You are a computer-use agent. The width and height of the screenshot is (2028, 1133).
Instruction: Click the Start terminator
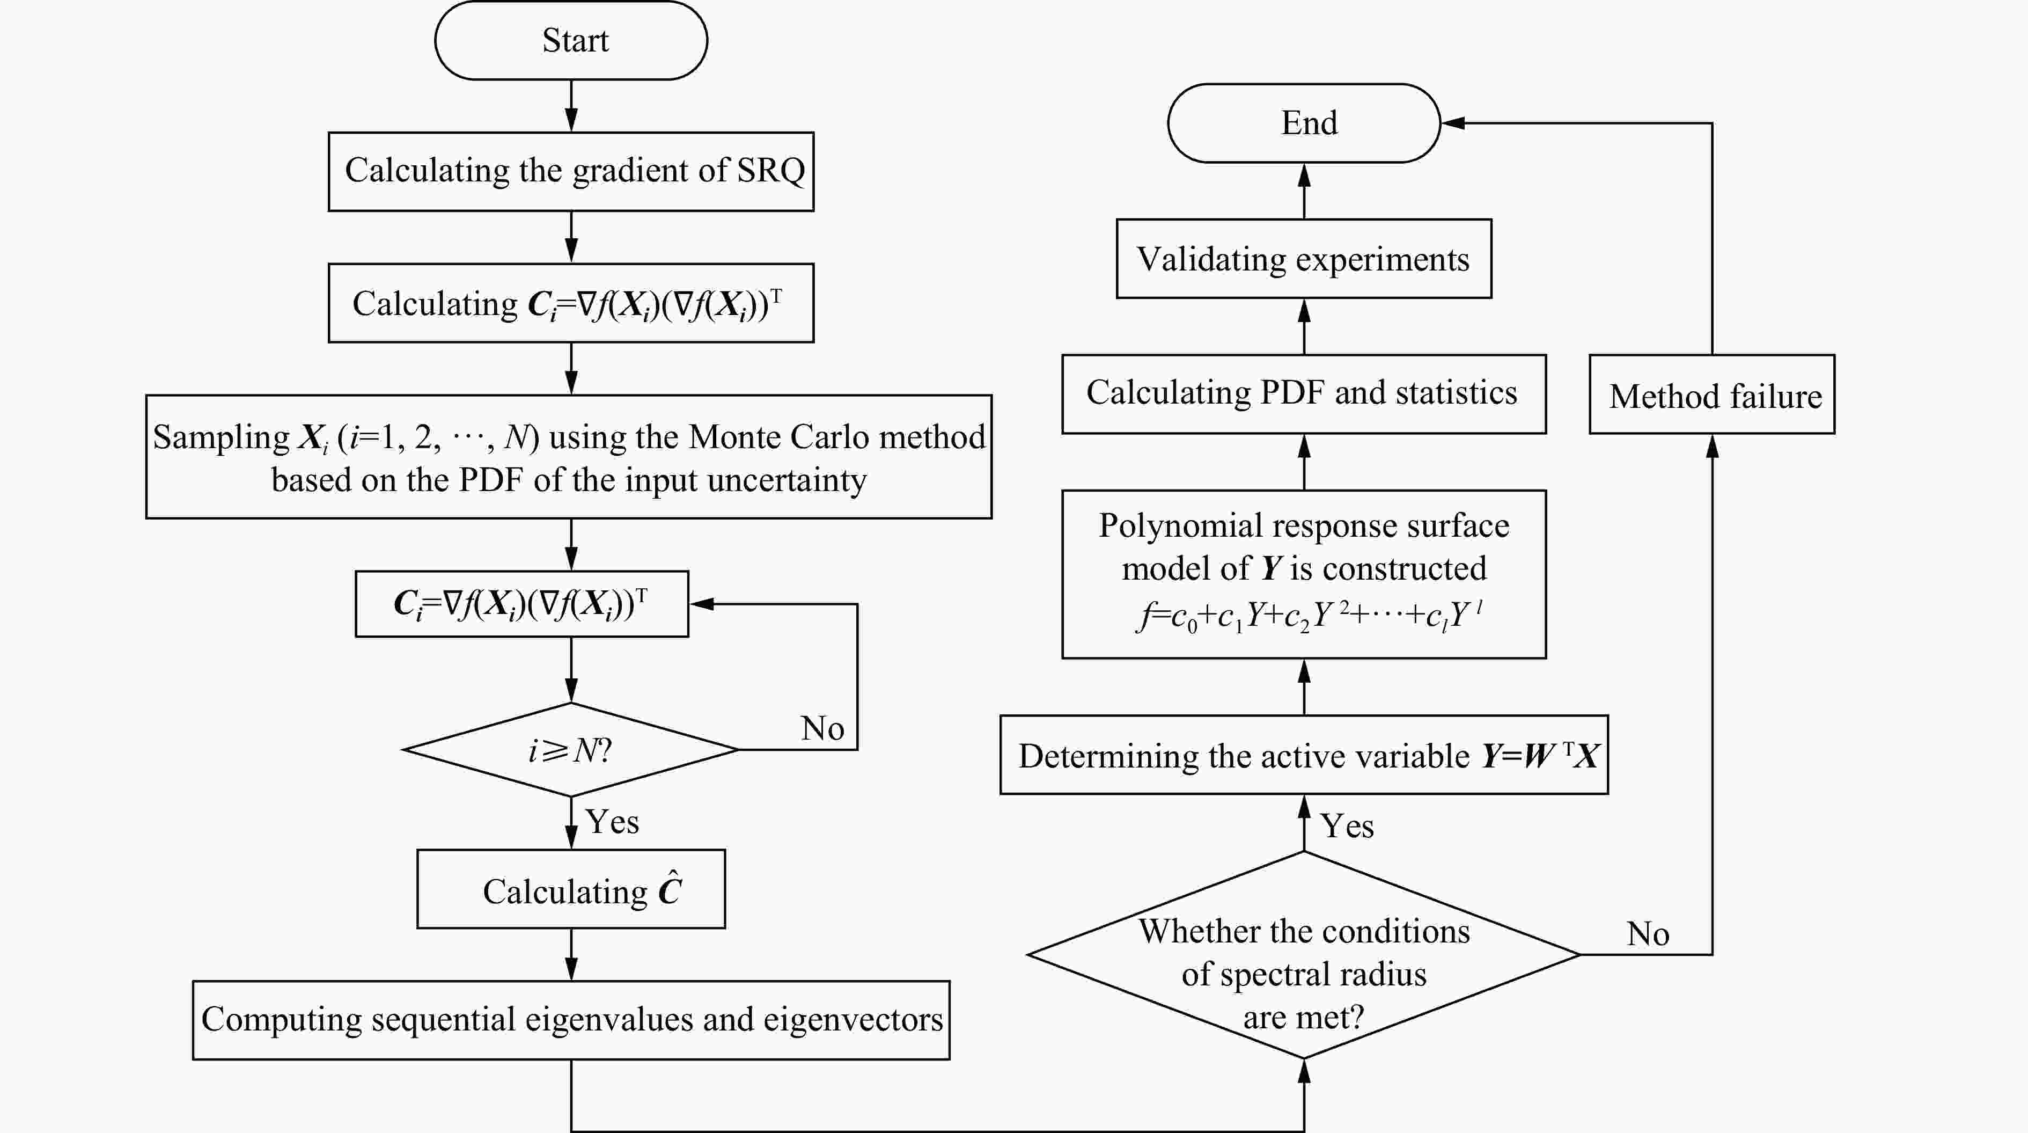point(571,40)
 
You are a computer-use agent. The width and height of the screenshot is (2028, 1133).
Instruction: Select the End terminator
point(1304,123)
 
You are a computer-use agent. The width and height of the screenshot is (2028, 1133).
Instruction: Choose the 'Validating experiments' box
point(1304,259)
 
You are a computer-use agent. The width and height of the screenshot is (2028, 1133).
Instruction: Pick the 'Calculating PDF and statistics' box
point(1304,393)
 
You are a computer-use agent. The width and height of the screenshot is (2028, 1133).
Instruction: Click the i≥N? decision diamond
point(571,750)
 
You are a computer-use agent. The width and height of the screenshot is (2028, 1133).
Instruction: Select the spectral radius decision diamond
point(1304,955)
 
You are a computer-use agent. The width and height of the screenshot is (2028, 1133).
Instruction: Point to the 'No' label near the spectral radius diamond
point(1648,934)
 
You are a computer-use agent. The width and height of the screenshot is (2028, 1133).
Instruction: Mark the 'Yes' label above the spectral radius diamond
point(1347,826)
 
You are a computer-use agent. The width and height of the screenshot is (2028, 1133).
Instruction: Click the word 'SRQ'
point(771,170)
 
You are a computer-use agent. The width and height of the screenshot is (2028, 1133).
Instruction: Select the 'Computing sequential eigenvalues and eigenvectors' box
point(571,1020)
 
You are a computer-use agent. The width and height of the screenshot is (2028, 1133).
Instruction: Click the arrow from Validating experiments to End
point(1304,191)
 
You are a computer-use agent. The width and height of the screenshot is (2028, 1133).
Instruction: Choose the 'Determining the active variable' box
point(1304,755)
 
